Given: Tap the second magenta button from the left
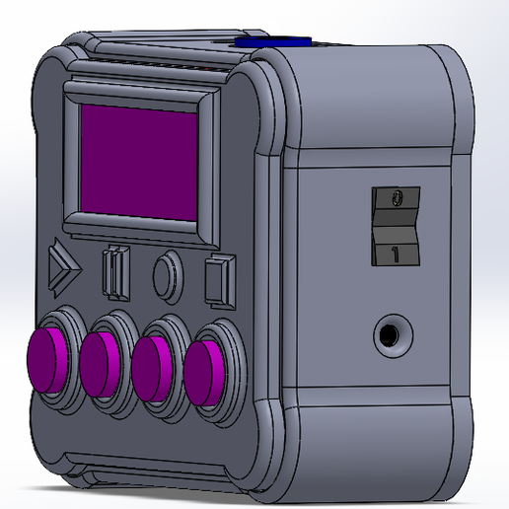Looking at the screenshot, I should [x=100, y=362].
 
